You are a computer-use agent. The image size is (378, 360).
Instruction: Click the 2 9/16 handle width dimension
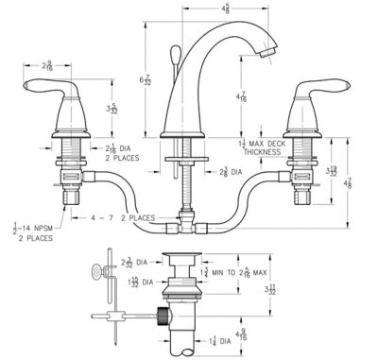pos(51,66)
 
